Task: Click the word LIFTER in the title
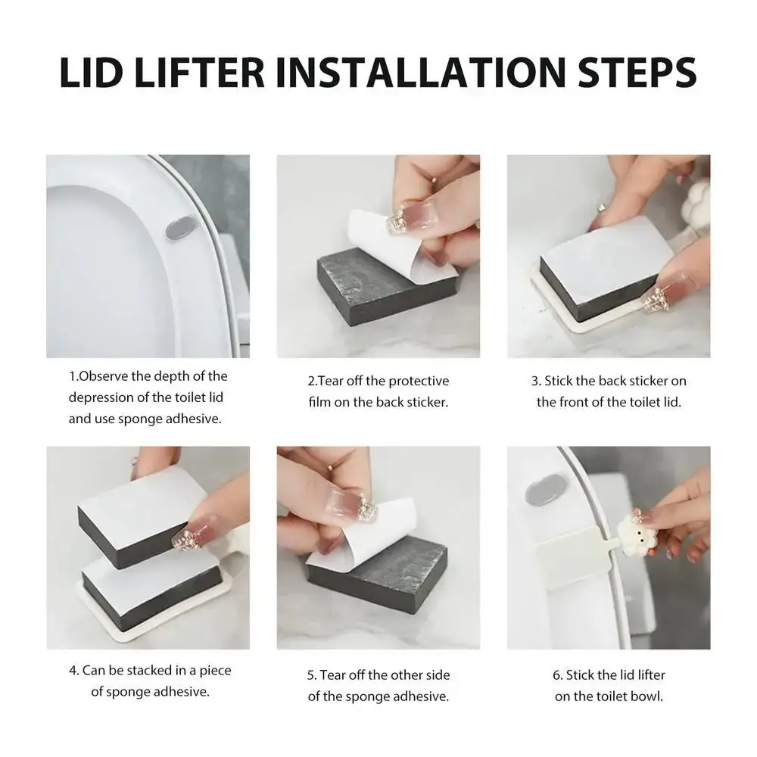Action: click(x=199, y=73)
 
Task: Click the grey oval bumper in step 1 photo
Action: click(x=181, y=229)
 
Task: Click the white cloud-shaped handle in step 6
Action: click(x=637, y=535)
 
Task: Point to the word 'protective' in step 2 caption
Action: click(x=419, y=382)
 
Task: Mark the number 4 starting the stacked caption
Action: click(x=73, y=671)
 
